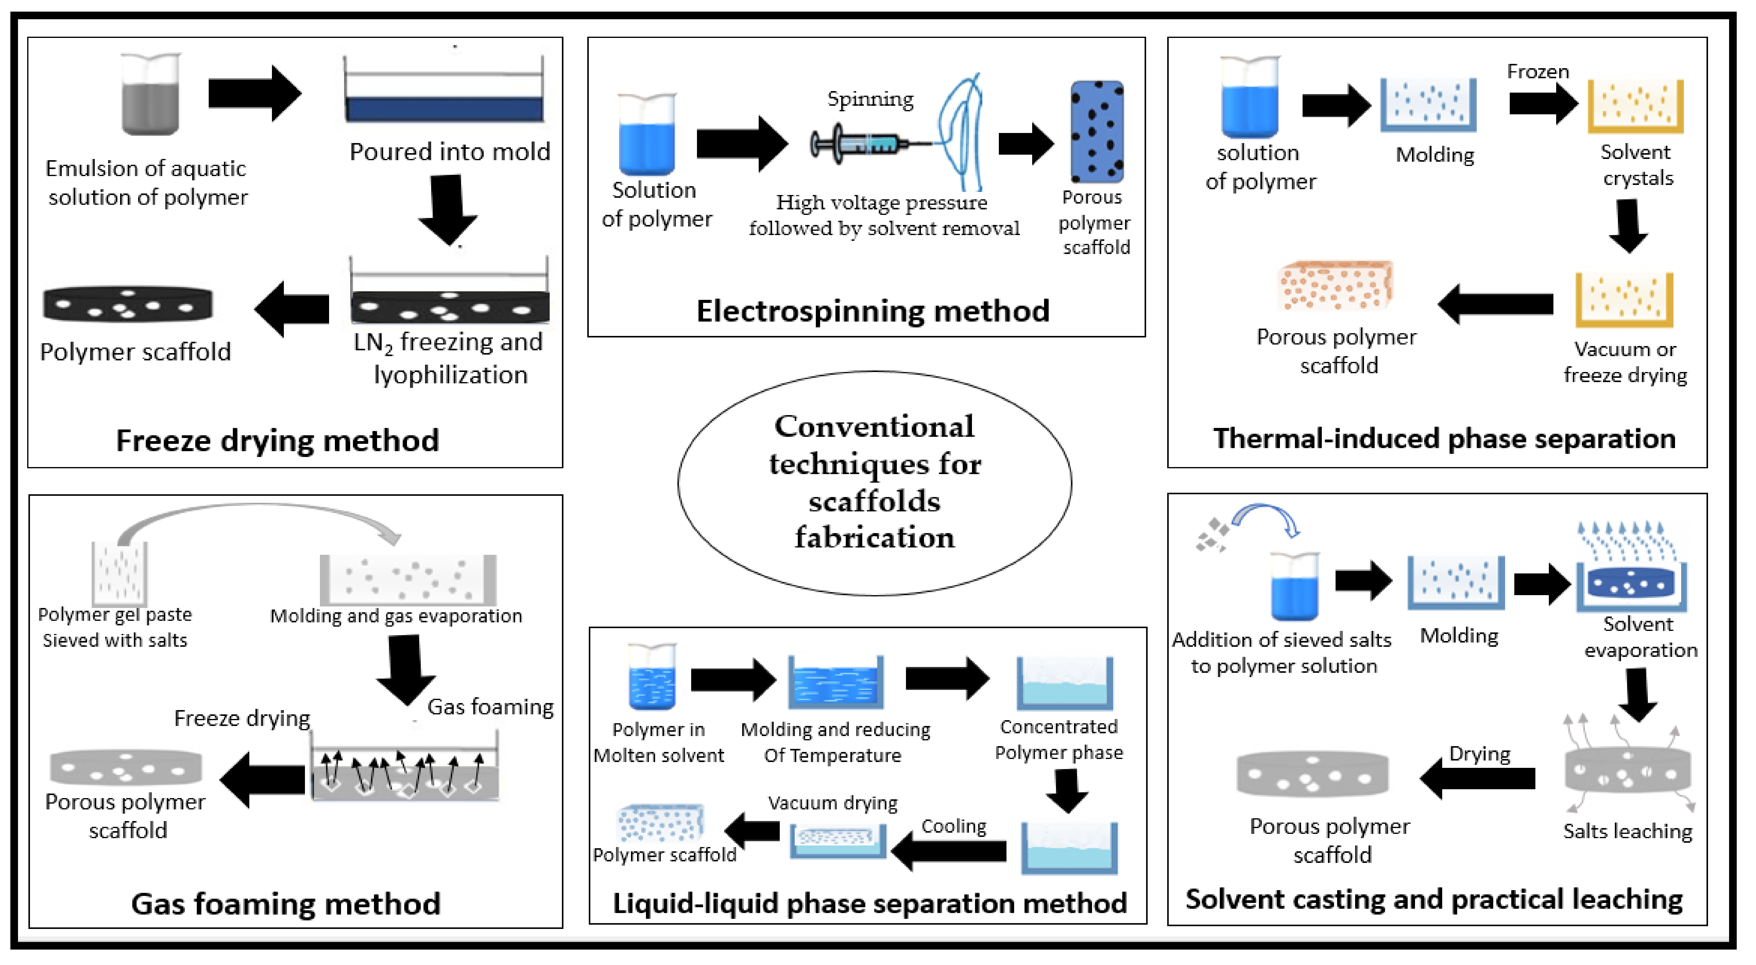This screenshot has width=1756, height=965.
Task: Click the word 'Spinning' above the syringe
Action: (x=870, y=99)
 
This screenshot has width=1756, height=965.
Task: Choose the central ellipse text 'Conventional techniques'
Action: (x=874, y=445)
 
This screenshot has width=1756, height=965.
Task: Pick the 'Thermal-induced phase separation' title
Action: (x=1444, y=439)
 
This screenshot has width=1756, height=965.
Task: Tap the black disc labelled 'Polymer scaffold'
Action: (x=127, y=304)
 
